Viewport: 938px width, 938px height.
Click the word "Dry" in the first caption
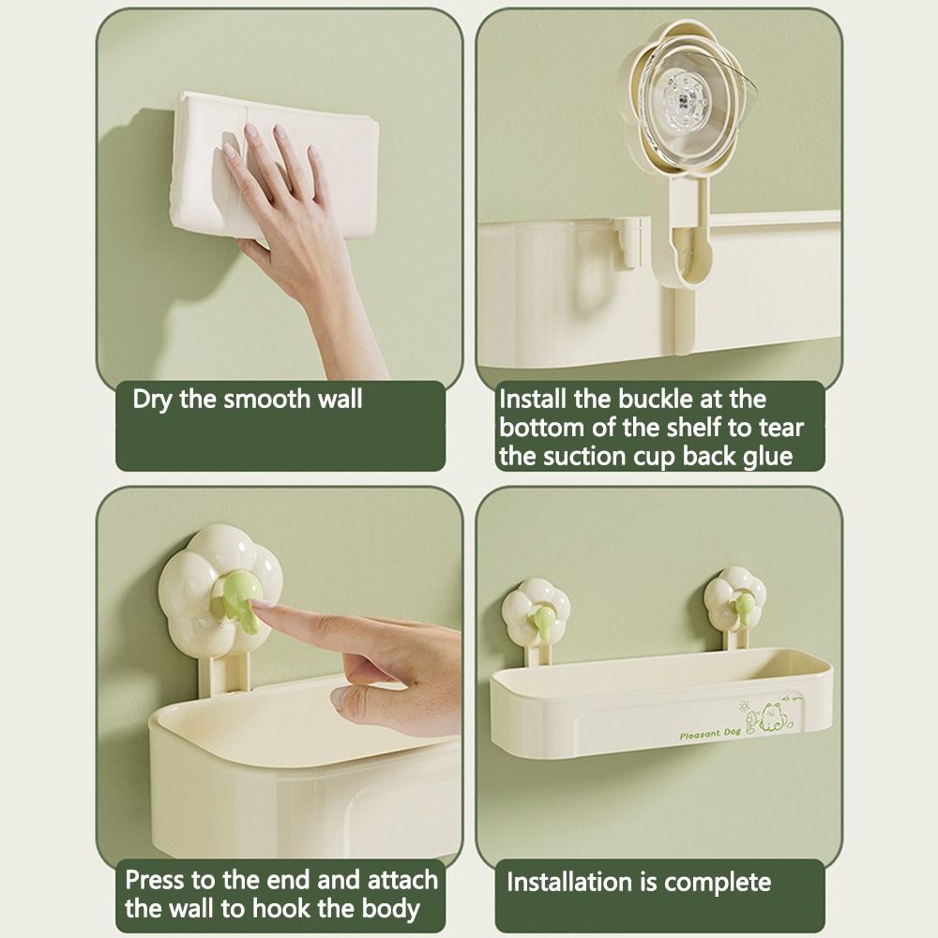coord(152,399)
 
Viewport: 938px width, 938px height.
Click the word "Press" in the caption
coord(158,880)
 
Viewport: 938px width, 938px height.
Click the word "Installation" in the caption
coord(568,882)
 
